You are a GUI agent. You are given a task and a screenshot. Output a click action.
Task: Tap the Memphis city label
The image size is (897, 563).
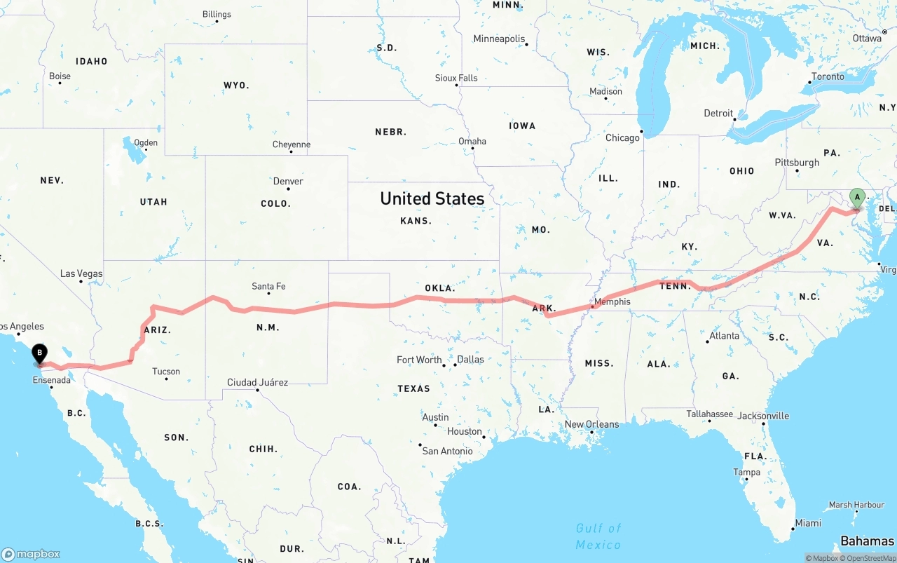pos(612,302)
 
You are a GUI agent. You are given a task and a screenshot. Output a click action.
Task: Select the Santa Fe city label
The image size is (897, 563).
pos(268,286)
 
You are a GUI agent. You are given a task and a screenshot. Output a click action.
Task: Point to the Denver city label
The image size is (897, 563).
pos(288,181)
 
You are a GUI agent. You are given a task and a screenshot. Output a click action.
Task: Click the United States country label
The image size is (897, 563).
pos(432,198)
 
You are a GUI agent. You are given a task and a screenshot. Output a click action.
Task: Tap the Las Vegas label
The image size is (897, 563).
pos(81,273)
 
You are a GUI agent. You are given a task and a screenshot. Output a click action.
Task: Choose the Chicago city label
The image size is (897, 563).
pos(622,137)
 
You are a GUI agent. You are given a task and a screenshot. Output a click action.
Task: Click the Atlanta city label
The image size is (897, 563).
pos(724,336)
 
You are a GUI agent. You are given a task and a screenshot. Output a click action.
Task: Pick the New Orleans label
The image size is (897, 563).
pos(591,424)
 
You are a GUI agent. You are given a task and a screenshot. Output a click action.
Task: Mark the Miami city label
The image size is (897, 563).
pos(808,523)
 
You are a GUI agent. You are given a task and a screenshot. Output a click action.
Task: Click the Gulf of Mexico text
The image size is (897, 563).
pos(598,536)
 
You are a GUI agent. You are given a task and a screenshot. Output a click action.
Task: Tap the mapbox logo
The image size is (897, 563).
pos(31,554)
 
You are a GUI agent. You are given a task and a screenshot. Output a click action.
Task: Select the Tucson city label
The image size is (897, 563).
pos(166,372)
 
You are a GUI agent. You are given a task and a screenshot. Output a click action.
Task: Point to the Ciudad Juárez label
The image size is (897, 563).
pos(257,382)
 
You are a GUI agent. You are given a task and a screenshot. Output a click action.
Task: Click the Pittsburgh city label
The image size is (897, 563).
pos(797,162)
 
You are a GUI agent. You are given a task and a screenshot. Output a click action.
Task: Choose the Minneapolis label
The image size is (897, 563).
pos(499,39)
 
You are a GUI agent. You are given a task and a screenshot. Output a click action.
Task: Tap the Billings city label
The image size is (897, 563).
pos(217,14)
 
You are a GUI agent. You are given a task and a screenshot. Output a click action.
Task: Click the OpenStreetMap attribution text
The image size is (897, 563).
pos(870,558)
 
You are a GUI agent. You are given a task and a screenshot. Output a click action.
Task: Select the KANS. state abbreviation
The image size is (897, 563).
pos(416,220)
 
